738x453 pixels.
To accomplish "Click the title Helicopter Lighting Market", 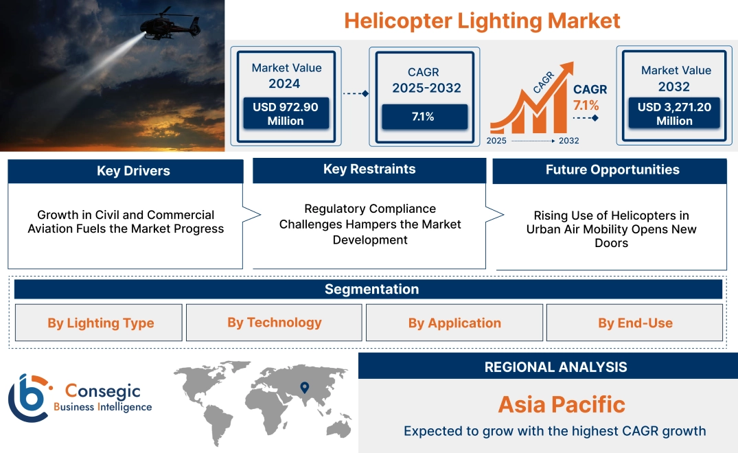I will [x=482, y=21].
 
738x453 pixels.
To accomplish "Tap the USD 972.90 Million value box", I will [x=285, y=114].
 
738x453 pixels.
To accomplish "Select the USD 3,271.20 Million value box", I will [x=674, y=114].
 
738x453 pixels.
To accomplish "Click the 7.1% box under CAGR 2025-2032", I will [x=423, y=117].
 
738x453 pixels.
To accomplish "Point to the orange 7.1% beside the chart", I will [x=586, y=105].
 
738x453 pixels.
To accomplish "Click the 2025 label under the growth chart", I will [x=498, y=141].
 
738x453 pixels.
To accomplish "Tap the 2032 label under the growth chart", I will [x=568, y=141].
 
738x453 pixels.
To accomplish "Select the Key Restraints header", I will [x=369, y=170].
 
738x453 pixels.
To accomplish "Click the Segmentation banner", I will [x=371, y=289].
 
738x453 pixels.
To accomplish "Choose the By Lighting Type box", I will [x=100, y=323].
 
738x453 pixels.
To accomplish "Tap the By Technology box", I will [x=275, y=323].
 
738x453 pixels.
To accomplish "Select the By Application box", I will [x=454, y=323].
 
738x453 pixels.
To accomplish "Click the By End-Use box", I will [x=635, y=323].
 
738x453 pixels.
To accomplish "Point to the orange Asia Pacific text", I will [x=562, y=404].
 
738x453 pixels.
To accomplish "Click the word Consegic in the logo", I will [x=102, y=391].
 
